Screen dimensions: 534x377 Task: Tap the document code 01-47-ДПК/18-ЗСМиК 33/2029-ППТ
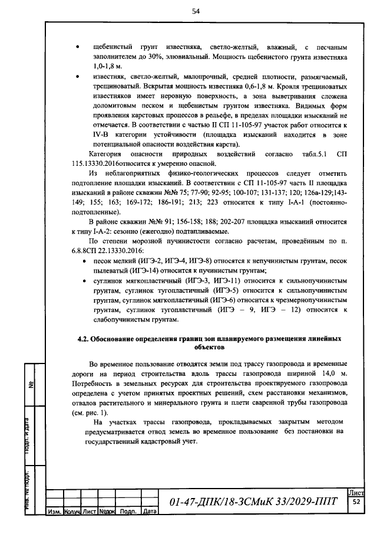(253, 502)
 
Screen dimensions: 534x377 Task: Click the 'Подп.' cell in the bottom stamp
(128, 512)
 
